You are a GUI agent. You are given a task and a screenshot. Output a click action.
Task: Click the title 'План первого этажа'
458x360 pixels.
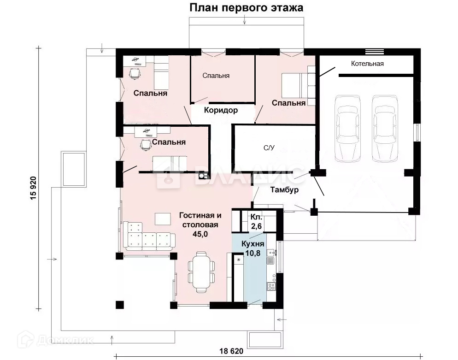pyautogui.click(x=246, y=7)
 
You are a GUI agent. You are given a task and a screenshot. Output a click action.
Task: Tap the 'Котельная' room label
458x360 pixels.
pyautogui.click(x=367, y=64)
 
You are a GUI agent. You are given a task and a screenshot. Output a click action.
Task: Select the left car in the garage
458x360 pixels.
pyautogui.click(x=347, y=128)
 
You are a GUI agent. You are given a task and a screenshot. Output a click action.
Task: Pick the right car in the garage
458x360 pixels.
pyautogui.click(x=385, y=128)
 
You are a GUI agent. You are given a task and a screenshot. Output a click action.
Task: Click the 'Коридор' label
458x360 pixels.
pyautogui.click(x=221, y=111)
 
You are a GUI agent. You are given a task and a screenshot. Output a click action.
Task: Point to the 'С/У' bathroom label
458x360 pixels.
pyautogui.click(x=269, y=148)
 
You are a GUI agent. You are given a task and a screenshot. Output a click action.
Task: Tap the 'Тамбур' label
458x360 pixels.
pyautogui.click(x=284, y=189)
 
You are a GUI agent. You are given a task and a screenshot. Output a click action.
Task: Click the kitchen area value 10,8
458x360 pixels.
pyautogui.click(x=252, y=253)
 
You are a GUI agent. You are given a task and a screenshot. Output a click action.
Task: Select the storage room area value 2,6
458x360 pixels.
pyautogui.click(x=256, y=226)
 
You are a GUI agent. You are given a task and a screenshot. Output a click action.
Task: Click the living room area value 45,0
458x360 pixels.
pyautogui.click(x=200, y=234)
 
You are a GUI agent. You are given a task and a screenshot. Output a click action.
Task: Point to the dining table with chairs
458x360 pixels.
pyautogui.click(x=201, y=272)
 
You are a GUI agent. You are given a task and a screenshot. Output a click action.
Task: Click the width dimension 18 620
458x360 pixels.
pyautogui.click(x=231, y=351)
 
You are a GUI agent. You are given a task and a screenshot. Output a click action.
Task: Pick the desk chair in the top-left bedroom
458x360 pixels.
pyautogui.click(x=135, y=73)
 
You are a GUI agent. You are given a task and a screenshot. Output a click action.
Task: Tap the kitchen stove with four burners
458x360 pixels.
pyautogui.click(x=271, y=286)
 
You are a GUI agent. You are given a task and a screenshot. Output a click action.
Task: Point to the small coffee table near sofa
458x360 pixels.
pyautogui.click(x=163, y=219)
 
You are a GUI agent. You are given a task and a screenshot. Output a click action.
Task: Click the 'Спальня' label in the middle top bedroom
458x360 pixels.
pyautogui.click(x=216, y=76)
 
